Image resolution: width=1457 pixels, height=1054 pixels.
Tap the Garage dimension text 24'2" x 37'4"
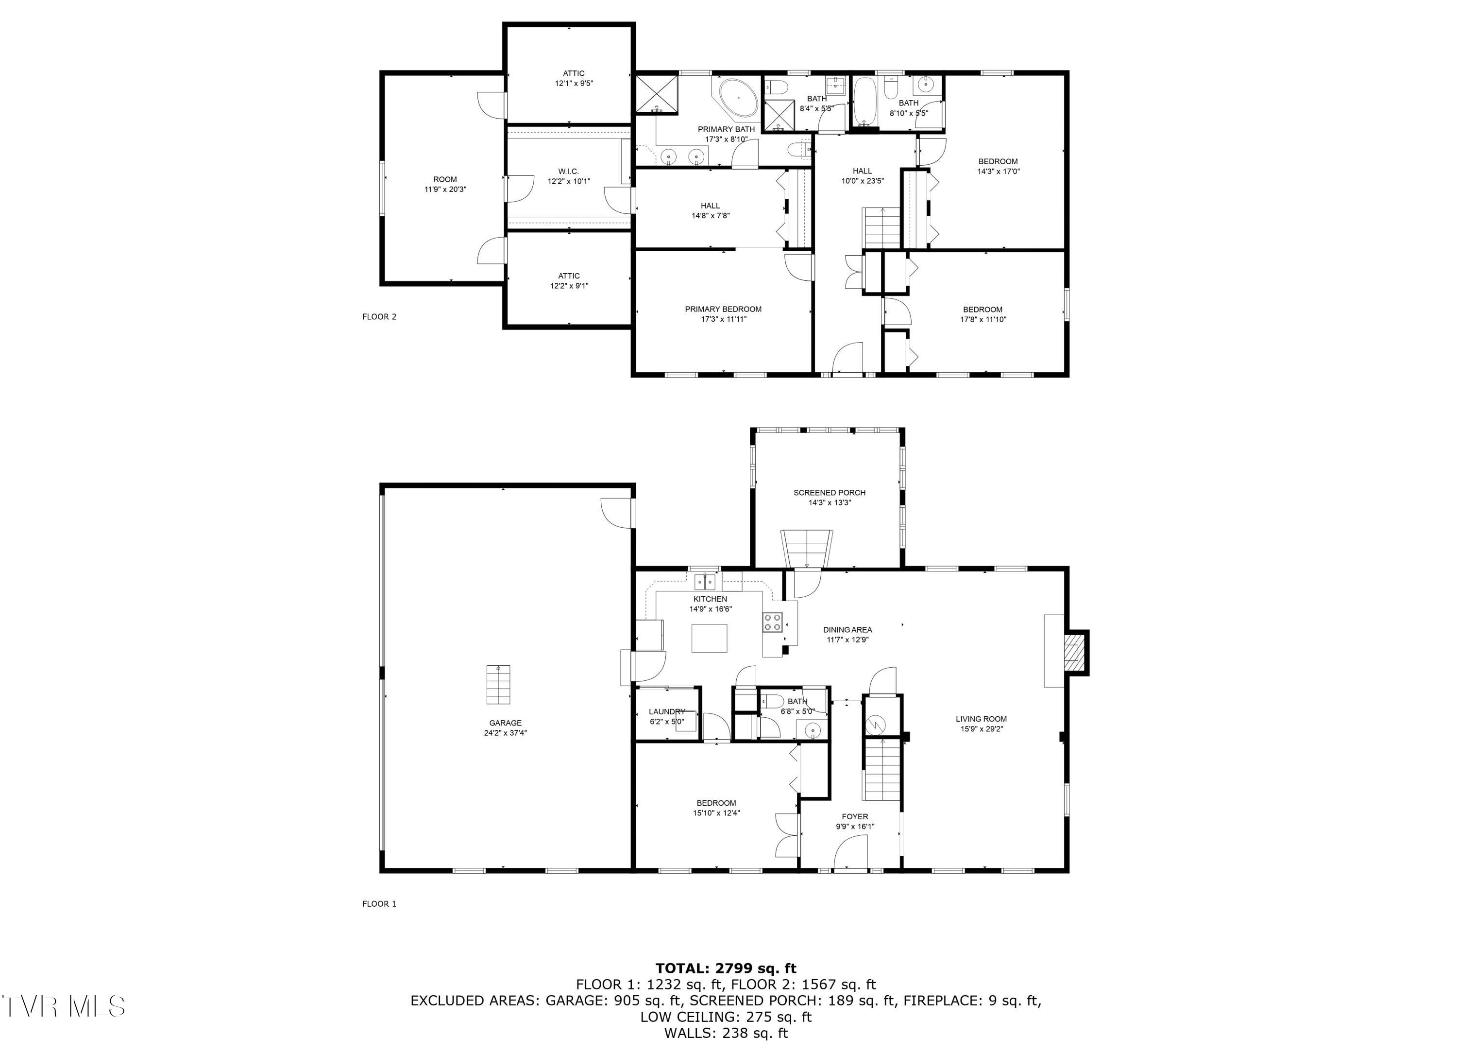(505, 733)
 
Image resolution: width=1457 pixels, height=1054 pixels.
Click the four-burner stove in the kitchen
(772, 622)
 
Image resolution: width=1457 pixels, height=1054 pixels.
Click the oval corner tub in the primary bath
(739, 98)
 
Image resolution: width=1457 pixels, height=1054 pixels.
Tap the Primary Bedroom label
(723, 309)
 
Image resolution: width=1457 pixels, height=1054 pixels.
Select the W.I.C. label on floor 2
(569, 172)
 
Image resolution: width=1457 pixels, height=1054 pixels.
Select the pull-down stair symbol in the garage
(498, 685)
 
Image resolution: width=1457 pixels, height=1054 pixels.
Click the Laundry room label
(666, 711)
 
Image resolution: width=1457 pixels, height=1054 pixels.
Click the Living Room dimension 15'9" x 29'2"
(981, 729)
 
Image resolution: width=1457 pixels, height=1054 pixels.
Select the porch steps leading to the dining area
(807, 550)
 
